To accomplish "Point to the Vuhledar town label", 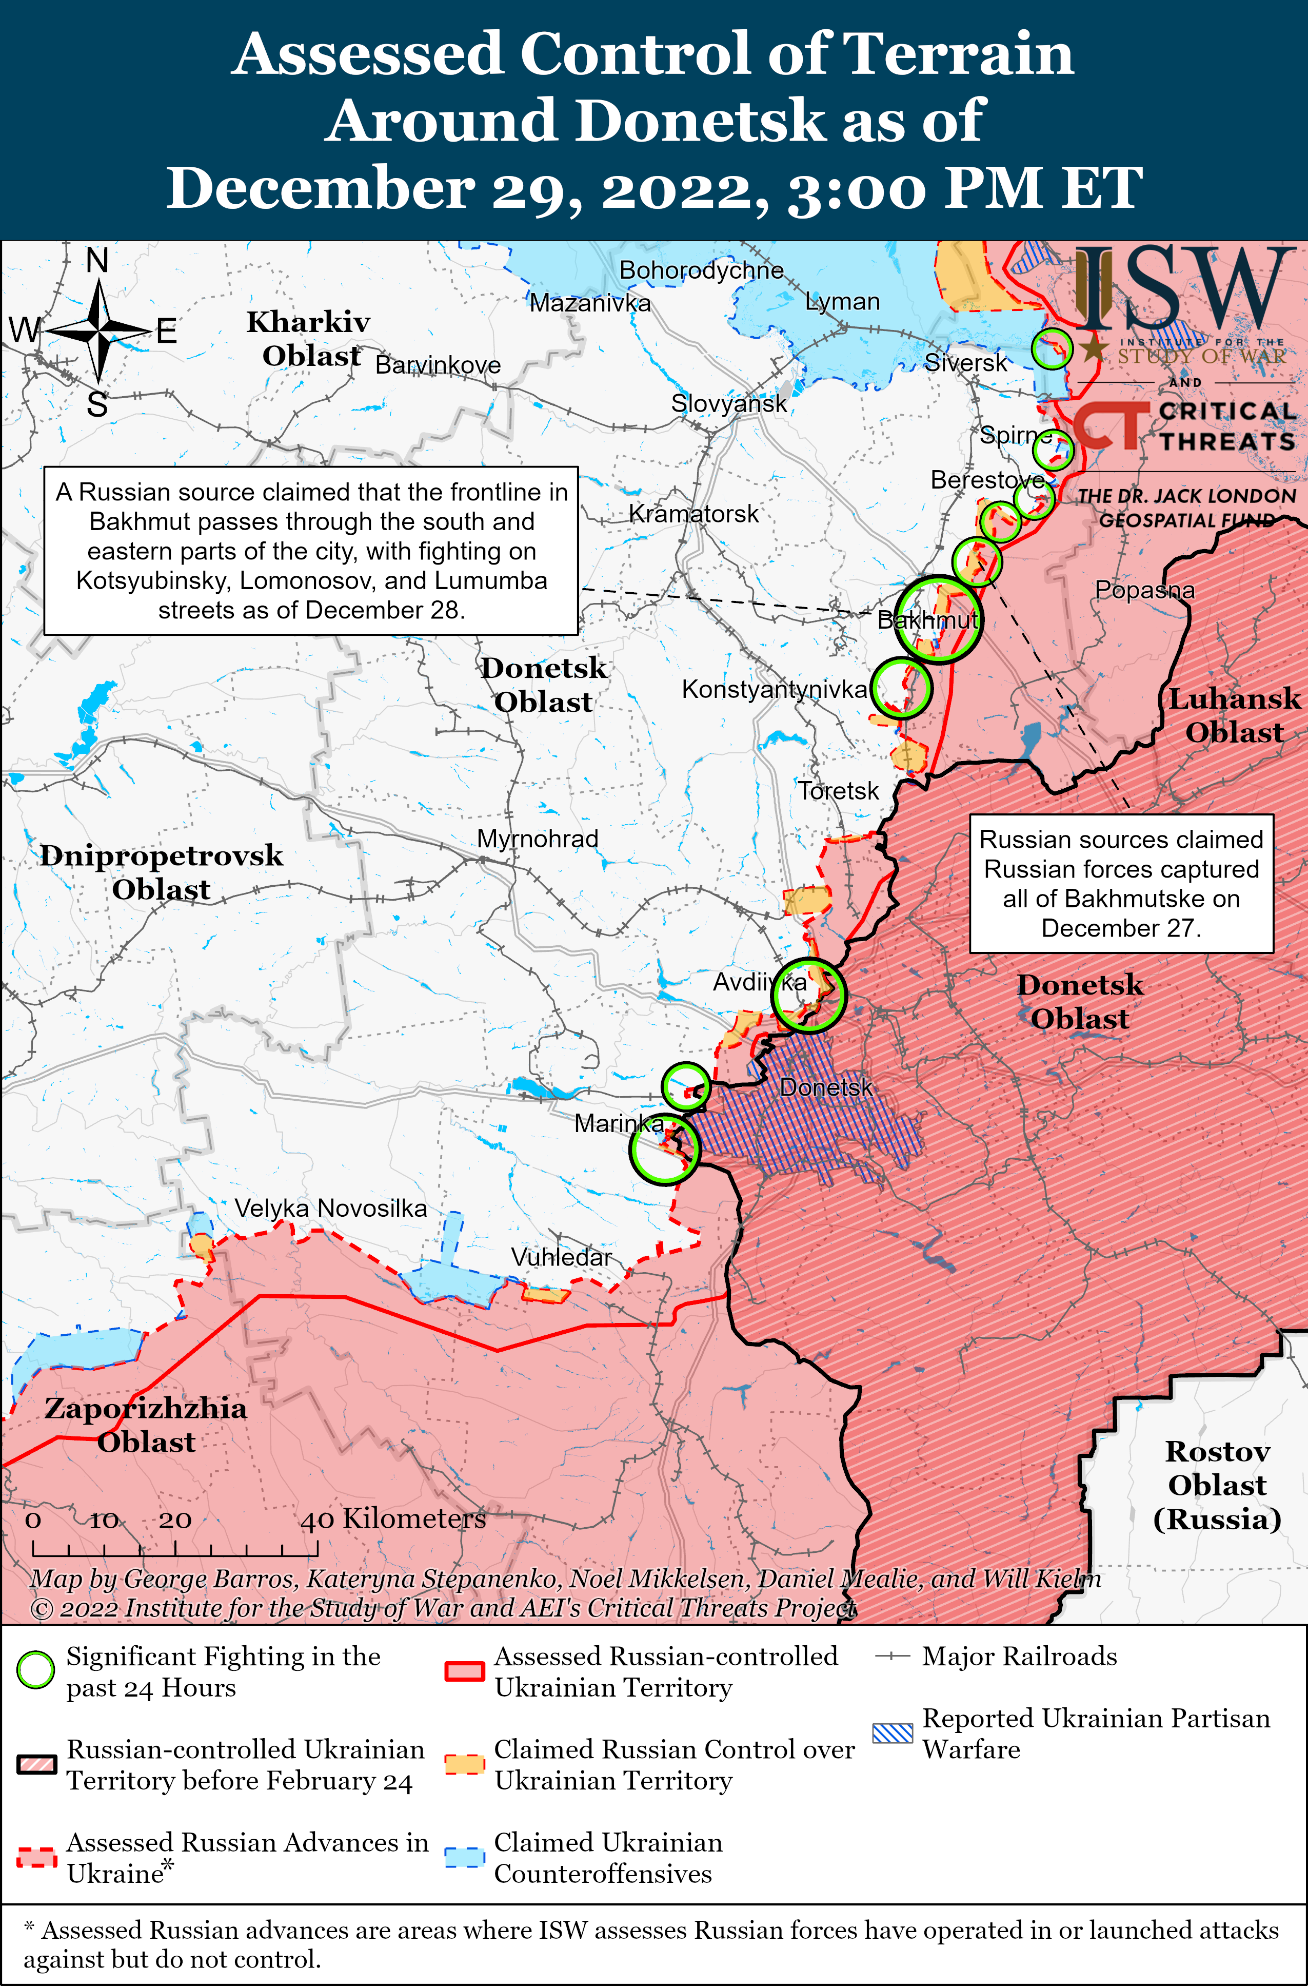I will click(x=561, y=1257).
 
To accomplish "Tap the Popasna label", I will click(x=1144, y=590).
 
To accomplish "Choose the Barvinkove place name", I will click(x=438, y=365).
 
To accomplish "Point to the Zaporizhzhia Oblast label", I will click(x=146, y=1425).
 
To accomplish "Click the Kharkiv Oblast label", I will click(x=309, y=338).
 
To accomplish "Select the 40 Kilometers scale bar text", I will click(x=392, y=1518).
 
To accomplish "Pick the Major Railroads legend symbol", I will click(x=891, y=1657).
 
